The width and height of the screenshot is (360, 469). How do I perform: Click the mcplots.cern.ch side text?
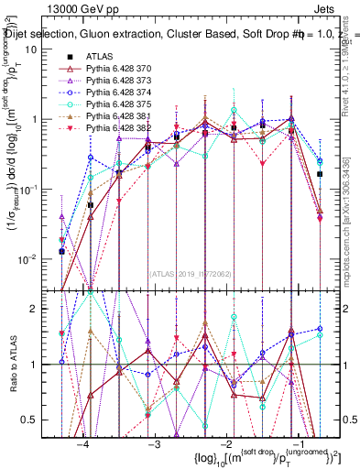[x=350, y=220]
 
